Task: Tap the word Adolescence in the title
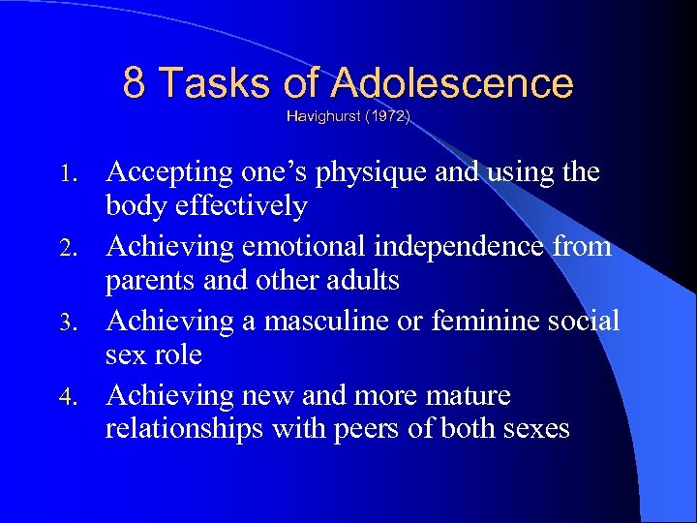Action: coord(452,83)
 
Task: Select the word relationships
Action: coord(182,429)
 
